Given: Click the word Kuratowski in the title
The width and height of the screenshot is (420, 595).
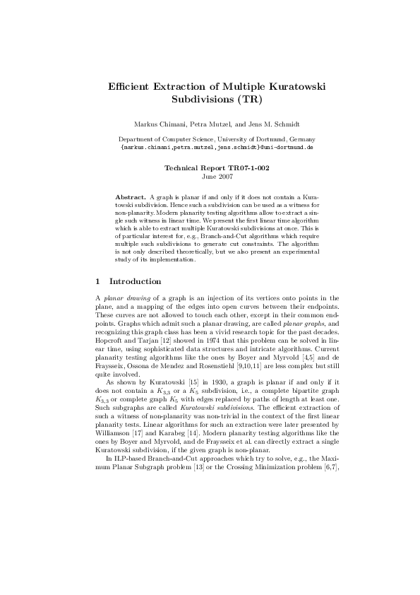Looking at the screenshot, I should tap(287, 86).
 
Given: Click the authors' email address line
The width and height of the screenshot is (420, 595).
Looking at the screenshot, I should tap(217, 148).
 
